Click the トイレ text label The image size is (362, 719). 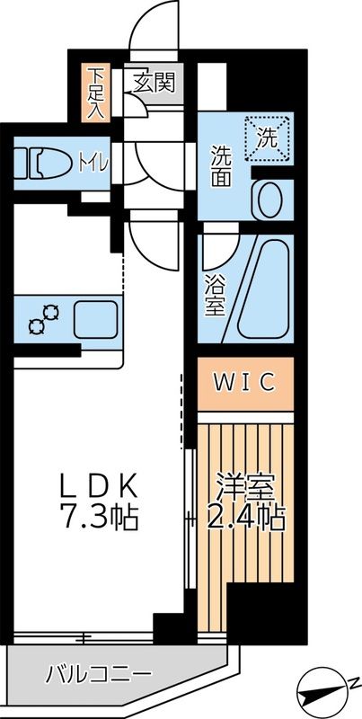click(x=93, y=163)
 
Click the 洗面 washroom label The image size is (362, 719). click(x=224, y=163)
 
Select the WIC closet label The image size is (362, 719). click(x=243, y=381)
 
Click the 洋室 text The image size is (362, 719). click(x=243, y=485)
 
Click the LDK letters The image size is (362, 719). click(x=99, y=486)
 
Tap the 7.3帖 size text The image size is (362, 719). click(x=99, y=519)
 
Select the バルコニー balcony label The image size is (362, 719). click(x=99, y=672)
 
